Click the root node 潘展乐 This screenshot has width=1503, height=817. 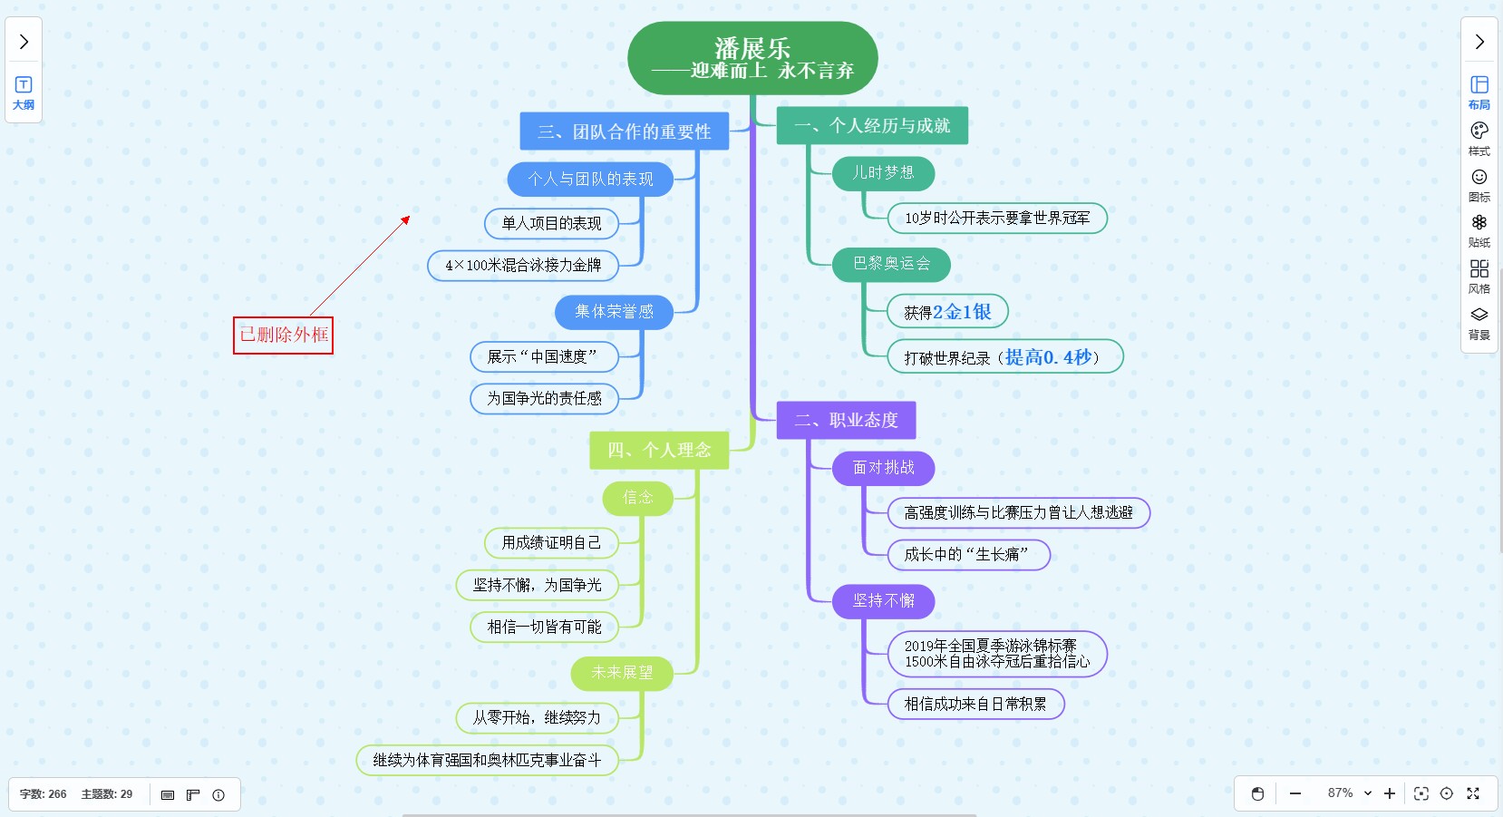pyautogui.click(x=752, y=58)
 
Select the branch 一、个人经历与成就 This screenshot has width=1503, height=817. pyautogui.click(x=872, y=126)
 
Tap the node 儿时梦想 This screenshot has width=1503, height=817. pyautogui.click(x=883, y=173)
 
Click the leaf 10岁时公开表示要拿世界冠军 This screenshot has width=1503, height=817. pyautogui.click(x=997, y=219)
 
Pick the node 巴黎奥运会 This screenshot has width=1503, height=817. pyautogui.click(x=891, y=264)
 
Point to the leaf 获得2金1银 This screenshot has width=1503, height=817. pyautogui.click(x=947, y=312)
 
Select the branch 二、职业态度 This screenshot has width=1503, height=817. pyautogui.click(x=846, y=421)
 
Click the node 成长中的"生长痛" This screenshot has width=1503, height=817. pyautogui.click(x=966, y=555)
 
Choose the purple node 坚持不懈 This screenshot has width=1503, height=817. pyautogui.click(x=883, y=601)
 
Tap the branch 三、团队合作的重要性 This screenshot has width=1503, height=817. pyautogui.click(x=624, y=132)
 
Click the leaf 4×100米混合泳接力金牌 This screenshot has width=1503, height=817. pyautogui.click(x=523, y=266)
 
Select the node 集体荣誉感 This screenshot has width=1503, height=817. pyautogui.click(x=614, y=312)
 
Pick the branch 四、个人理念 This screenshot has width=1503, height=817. pyautogui.click(x=659, y=451)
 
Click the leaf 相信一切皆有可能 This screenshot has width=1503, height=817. pyautogui.click(x=544, y=627)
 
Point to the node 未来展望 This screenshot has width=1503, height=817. pyautogui.click(x=622, y=673)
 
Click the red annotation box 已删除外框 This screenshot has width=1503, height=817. pyautogui.click(x=284, y=336)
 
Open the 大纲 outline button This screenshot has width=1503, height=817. pyautogui.click(x=24, y=92)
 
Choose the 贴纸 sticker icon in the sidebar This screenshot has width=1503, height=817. pyautogui.click(x=1479, y=230)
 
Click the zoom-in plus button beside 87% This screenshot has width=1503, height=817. pyautogui.click(x=1390, y=793)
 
